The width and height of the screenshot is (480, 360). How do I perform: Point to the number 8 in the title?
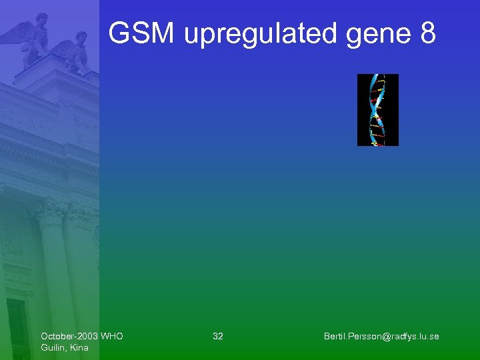(x=428, y=33)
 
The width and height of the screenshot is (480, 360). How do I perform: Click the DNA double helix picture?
(x=378, y=110)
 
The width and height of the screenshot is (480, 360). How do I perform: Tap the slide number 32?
(x=218, y=337)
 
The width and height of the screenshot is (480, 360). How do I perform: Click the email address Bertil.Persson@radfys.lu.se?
(x=381, y=337)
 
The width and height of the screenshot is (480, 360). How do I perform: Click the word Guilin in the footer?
(x=53, y=347)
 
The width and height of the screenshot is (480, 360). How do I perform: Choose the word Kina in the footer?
(x=78, y=347)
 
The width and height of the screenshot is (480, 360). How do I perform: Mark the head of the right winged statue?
(x=81, y=36)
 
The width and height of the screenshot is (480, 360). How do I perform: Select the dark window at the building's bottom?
(x=17, y=327)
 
